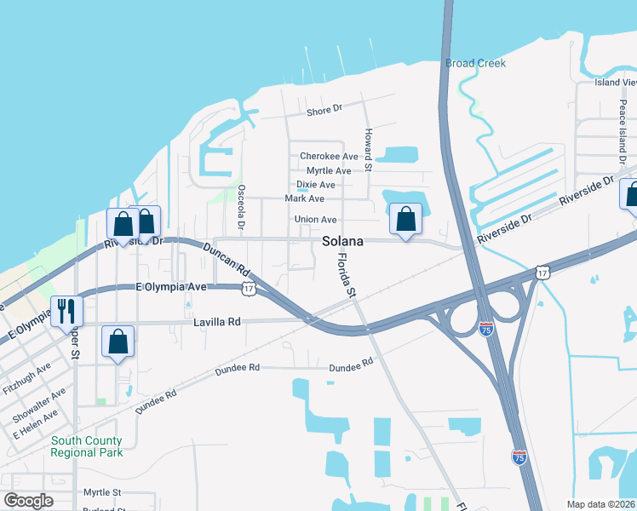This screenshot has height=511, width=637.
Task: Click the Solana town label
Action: pos(343,242)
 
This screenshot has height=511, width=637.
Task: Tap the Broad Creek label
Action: pos(475,63)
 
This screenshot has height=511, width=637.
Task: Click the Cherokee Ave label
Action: pos(329,157)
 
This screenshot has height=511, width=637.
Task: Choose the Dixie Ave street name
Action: pos(315,184)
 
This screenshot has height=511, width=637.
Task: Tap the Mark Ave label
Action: pos(305,198)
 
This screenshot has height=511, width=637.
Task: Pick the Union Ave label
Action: pos(315,220)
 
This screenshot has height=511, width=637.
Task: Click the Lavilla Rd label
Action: pos(217,322)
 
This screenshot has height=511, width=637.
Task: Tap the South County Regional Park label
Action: pos(86,446)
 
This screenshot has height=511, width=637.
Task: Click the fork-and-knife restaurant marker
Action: pos(66,311)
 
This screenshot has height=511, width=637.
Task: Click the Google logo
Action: pos(28,501)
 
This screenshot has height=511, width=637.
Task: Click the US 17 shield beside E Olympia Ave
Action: pos(248,290)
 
